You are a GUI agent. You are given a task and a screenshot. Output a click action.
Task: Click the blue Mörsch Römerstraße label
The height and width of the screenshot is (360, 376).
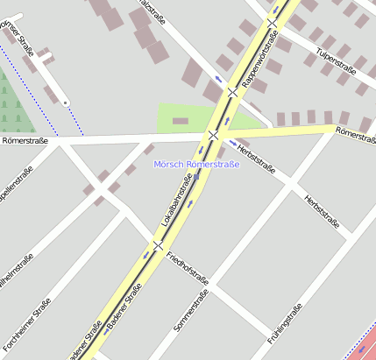coord(196,164)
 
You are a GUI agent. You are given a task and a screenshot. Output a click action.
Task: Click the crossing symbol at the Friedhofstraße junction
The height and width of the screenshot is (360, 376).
coord(158,245)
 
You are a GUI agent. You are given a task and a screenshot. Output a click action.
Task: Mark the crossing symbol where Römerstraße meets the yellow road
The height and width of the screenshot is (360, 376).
coord(214,135)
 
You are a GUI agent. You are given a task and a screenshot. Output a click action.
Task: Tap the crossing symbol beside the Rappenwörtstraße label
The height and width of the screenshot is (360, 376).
coord(232,92)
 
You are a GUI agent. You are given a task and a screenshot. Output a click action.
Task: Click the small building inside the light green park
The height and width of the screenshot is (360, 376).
coord(181,120)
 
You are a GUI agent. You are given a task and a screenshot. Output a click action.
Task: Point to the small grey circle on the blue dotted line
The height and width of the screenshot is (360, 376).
coord(65,102)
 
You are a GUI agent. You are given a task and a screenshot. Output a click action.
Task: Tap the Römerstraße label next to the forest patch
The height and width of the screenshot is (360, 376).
coord(25,139)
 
